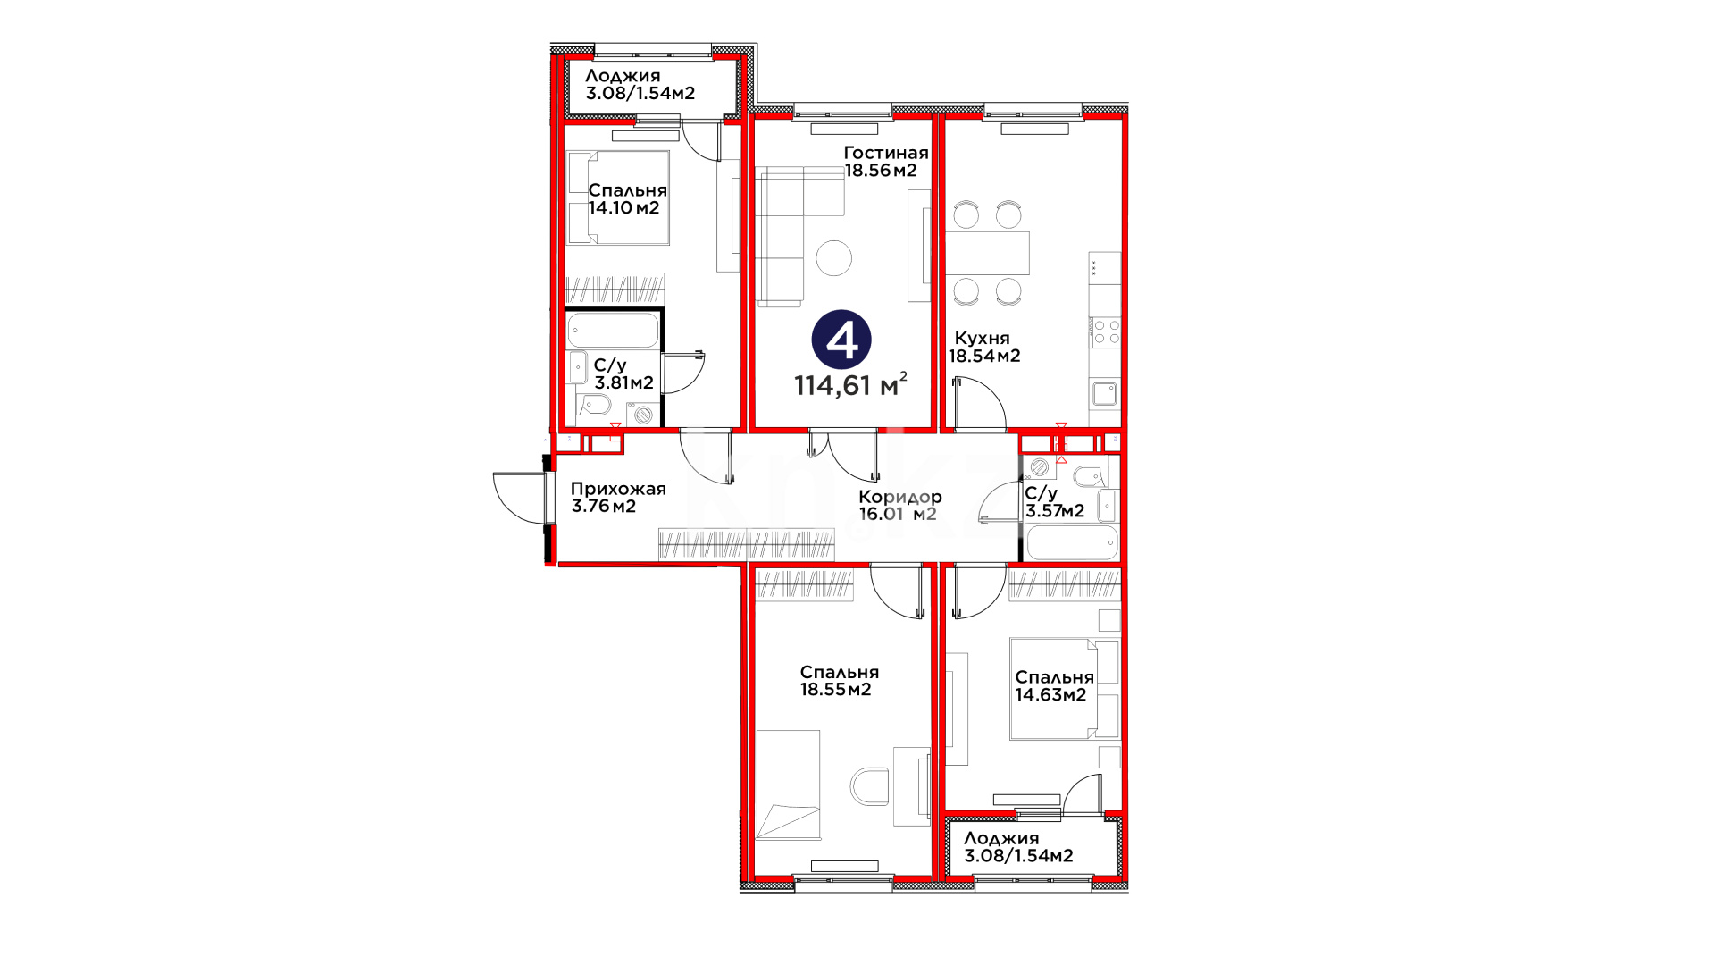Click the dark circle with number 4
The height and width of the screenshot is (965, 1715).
coord(841,340)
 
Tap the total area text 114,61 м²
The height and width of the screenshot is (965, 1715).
coord(850,385)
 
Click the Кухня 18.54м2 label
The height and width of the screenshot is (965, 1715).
coord(983,347)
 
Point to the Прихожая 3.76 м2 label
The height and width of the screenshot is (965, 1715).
coord(618,498)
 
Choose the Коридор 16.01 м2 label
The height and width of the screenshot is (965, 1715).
coord(899,505)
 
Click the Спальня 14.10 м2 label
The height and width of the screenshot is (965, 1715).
coord(627,199)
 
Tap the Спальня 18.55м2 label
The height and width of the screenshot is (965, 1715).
coord(839,681)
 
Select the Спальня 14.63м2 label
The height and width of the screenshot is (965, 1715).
coord(1054,686)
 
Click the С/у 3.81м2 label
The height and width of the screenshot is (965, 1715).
coord(623,373)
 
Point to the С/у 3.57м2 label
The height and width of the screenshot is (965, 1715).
coord(1054,502)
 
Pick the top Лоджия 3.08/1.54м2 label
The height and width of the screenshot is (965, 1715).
coord(640,84)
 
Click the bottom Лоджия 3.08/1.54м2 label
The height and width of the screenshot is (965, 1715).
coord(1018,847)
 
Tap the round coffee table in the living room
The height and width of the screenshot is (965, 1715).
coord(834,258)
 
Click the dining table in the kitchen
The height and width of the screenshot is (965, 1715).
coord(987,253)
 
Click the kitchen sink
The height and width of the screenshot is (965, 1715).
coord(1105,393)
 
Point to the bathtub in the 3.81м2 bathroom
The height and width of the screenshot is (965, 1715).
coord(614,330)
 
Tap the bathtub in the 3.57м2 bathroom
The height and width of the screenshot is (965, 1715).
coord(1072,542)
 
